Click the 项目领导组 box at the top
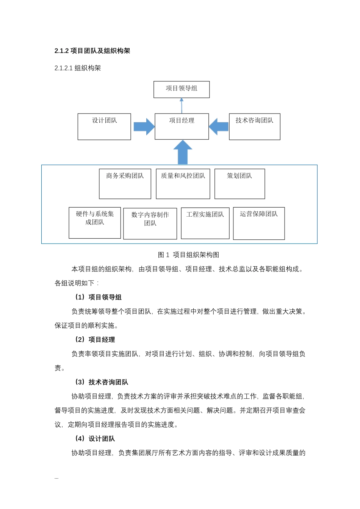coord(182,89)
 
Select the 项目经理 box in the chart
coord(182,126)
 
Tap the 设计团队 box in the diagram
coord(104,126)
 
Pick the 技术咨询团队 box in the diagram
coord(254,126)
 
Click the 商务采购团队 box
coord(125,184)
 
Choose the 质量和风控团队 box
coord(183,184)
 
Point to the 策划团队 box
coord(239,184)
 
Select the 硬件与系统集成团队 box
coord(95,223)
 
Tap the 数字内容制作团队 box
coord(150,223)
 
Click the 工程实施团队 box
coord(205,223)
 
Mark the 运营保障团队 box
coord(259,223)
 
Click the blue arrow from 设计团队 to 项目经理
coord(144,126)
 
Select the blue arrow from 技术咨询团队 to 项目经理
coord(219,126)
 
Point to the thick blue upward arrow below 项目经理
coord(183,152)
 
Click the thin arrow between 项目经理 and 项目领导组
coord(182,106)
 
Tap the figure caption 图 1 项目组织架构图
coord(188,255)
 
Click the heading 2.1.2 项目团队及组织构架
coord(92,51)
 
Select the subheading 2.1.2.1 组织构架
coord(78,68)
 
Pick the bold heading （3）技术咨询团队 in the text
coord(102,382)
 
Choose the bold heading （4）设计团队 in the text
coord(95,439)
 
